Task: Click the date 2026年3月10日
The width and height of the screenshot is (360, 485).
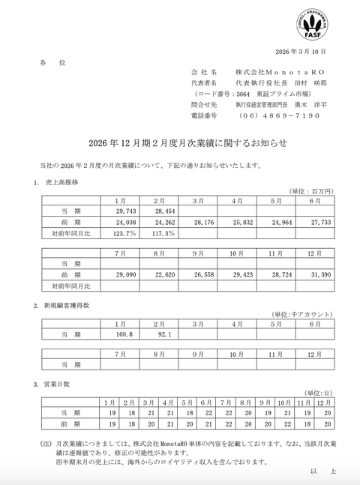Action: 301,52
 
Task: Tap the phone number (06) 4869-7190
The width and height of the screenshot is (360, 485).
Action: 279,115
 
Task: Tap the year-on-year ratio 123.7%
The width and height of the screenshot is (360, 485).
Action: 120,232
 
